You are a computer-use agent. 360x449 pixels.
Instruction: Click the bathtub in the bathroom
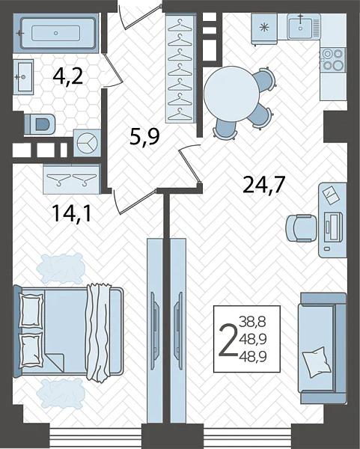(x=55, y=33)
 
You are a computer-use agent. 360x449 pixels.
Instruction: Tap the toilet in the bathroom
(x=40, y=124)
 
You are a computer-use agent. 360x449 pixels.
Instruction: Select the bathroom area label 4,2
(x=68, y=76)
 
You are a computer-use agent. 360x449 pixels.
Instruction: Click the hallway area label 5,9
(x=144, y=137)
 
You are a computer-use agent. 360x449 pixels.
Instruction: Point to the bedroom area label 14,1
(x=72, y=214)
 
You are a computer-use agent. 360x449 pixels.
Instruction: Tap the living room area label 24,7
(x=263, y=185)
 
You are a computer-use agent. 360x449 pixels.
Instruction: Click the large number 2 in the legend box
(x=228, y=340)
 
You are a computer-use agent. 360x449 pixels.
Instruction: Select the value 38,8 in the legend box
(x=253, y=322)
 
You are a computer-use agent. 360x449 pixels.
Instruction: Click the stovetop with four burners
(x=332, y=60)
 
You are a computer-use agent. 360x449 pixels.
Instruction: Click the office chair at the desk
(x=301, y=228)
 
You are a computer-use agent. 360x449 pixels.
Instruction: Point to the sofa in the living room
(x=322, y=348)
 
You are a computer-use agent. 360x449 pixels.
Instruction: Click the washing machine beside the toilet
(x=87, y=143)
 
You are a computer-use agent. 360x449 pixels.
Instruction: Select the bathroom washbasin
(x=23, y=76)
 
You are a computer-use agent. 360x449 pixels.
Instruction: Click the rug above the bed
(x=61, y=269)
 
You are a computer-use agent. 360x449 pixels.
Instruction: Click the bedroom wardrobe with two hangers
(x=72, y=179)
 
